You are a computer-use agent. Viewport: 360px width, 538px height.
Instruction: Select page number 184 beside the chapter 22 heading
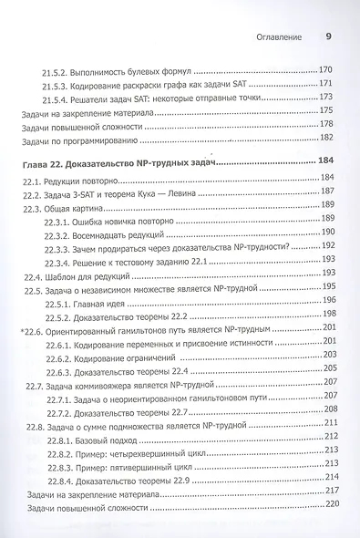329,160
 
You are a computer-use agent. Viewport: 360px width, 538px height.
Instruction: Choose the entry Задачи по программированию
78,140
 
